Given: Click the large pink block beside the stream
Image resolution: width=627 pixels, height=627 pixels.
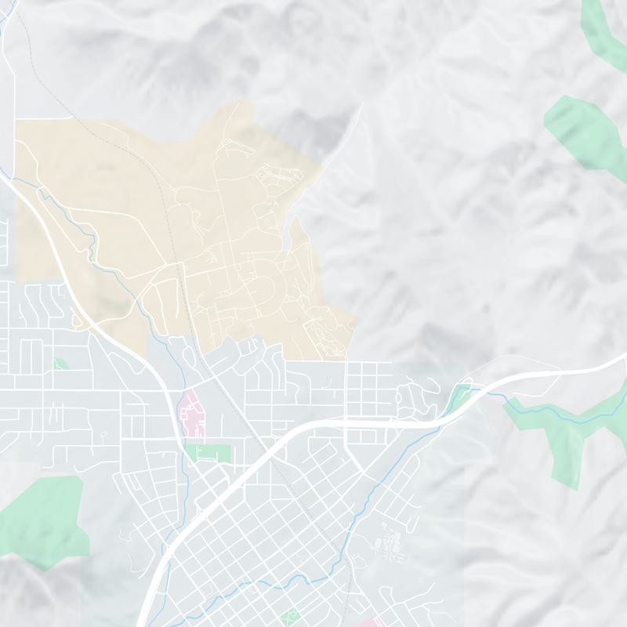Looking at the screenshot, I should [192, 413].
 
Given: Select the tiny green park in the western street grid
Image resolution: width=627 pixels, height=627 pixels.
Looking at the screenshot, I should [60, 364].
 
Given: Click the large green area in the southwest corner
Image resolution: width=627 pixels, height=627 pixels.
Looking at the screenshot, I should [43, 517].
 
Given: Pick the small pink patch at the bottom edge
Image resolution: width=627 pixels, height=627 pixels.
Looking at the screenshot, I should [379, 622].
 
